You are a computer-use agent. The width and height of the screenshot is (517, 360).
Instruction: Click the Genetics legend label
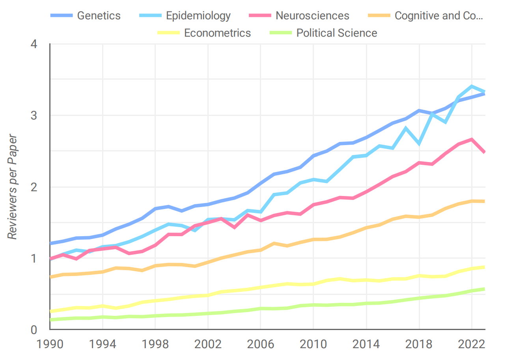tap(99, 16)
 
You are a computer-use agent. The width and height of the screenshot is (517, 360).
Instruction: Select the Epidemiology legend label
tap(198, 16)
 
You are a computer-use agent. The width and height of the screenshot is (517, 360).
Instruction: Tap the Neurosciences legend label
tap(312, 16)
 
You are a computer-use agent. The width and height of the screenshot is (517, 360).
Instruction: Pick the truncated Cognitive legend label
tap(439, 16)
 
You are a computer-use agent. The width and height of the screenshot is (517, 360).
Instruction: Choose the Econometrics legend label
tap(217, 33)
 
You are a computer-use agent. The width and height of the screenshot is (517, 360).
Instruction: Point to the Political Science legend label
tap(336, 33)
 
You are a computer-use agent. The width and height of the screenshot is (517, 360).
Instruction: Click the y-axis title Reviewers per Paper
tap(13, 187)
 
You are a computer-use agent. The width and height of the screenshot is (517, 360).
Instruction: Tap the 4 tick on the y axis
tap(34, 44)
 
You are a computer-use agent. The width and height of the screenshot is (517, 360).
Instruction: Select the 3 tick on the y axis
tap(34, 116)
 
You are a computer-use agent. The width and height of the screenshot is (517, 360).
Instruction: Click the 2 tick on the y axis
tap(34, 187)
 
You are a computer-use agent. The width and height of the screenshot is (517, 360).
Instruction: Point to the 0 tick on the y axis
tap(34, 330)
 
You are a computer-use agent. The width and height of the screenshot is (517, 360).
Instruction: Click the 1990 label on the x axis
tap(50, 344)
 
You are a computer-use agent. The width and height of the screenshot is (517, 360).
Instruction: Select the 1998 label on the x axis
tap(155, 344)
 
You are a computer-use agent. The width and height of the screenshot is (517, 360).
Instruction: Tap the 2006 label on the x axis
tap(261, 344)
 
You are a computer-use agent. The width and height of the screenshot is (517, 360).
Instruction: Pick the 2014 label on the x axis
tap(366, 344)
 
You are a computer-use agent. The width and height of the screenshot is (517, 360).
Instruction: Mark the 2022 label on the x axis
tap(472, 344)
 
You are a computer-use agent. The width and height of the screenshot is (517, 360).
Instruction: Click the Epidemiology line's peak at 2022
tap(472, 86)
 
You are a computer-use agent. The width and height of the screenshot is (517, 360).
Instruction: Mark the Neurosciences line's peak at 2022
tap(472, 139)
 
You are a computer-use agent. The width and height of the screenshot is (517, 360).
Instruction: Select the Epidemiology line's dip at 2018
tap(419, 144)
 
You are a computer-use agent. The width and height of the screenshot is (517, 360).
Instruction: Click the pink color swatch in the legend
tap(260, 16)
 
